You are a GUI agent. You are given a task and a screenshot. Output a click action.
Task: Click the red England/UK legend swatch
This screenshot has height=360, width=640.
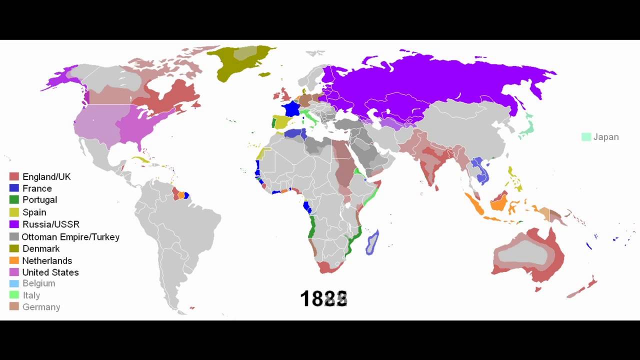coord(14,176)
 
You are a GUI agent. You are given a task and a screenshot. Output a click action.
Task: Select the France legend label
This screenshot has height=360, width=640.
coord(37,188)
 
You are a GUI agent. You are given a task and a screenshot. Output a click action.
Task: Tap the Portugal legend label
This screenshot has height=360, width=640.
coord(39,200)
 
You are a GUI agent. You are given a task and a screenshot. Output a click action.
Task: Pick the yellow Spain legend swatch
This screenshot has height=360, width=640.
coord(14,212)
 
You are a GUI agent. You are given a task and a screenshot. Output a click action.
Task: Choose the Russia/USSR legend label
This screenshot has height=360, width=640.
coord(51,224)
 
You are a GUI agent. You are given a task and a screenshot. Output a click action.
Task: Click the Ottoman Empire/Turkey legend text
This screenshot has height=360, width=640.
coord(70,236)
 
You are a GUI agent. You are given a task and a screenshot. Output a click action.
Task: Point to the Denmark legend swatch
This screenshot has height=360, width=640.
coord(14,248)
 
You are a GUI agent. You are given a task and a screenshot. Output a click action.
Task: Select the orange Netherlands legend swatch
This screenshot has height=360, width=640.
coord(14,260)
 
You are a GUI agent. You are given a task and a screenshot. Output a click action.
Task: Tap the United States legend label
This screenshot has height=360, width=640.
coord(50,272)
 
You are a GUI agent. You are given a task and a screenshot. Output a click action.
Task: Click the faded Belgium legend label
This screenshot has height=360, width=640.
coord(38,283)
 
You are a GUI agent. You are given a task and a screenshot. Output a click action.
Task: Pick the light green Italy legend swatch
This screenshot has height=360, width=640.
coord(14,295)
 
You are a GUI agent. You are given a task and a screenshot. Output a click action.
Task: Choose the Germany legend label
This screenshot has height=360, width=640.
coord(41,307)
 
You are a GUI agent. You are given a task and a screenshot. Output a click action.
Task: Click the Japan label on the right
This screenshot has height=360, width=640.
coord(606,137)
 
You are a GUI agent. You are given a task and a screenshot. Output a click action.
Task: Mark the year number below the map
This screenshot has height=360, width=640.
coord(323,299)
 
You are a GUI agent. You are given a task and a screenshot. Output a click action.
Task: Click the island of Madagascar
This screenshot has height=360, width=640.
coord(372,242)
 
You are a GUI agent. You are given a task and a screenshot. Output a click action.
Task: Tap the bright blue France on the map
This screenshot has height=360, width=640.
coord(289,109)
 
